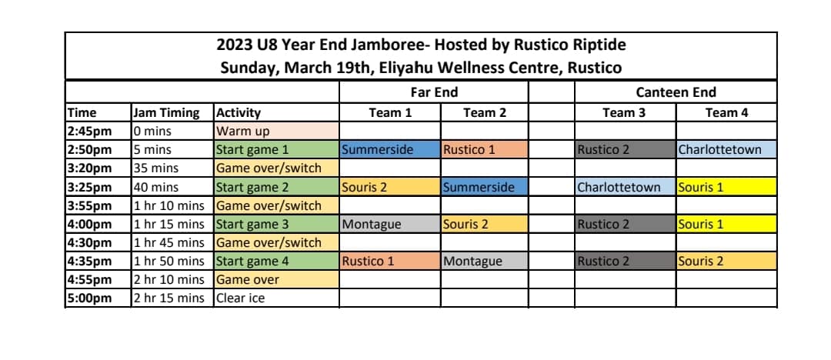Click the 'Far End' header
click(434, 92)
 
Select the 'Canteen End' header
click(676, 92)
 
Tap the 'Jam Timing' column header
click(166, 112)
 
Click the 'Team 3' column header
click(625, 112)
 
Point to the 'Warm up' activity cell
click(276, 131)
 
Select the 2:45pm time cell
click(98, 131)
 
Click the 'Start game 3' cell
click(276, 225)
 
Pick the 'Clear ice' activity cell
click(276, 298)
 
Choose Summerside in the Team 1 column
click(389, 149)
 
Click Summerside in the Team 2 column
click(485, 187)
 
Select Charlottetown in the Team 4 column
click(726, 149)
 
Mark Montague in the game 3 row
click(389, 225)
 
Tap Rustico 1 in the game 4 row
click(389, 261)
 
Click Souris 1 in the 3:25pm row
click(726, 187)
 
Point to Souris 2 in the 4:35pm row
click(726, 261)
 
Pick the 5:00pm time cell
click(98, 298)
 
